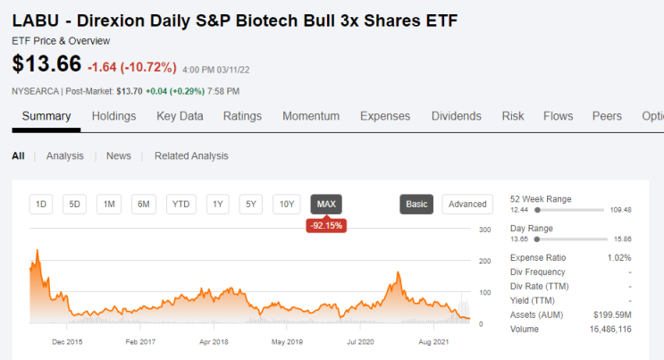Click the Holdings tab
pyautogui.click(x=113, y=116)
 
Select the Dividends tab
pyautogui.click(x=456, y=116)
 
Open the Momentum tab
pyautogui.click(x=311, y=116)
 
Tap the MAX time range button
pyautogui.click(x=326, y=205)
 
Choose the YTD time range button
pyautogui.click(x=181, y=205)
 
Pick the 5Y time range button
pyautogui.click(x=251, y=205)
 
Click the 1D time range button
pyautogui.click(x=41, y=205)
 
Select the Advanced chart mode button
pyautogui.click(x=467, y=205)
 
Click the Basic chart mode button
pyautogui.click(x=416, y=205)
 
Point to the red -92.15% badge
pyautogui.click(x=326, y=225)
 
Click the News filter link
pyautogui.click(x=119, y=155)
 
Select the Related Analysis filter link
pyautogui.click(x=191, y=155)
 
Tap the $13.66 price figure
pyautogui.click(x=46, y=64)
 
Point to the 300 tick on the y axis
pyautogui.click(x=485, y=230)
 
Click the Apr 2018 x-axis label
pyautogui.click(x=214, y=342)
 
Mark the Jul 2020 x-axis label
pyautogui.click(x=360, y=342)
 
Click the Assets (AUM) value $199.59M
pyautogui.click(x=612, y=314)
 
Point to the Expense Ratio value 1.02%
pyautogui.click(x=619, y=257)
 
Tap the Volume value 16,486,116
pyautogui.click(x=610, y=329)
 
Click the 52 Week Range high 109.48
pyautogui.click(x=620, y=210)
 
